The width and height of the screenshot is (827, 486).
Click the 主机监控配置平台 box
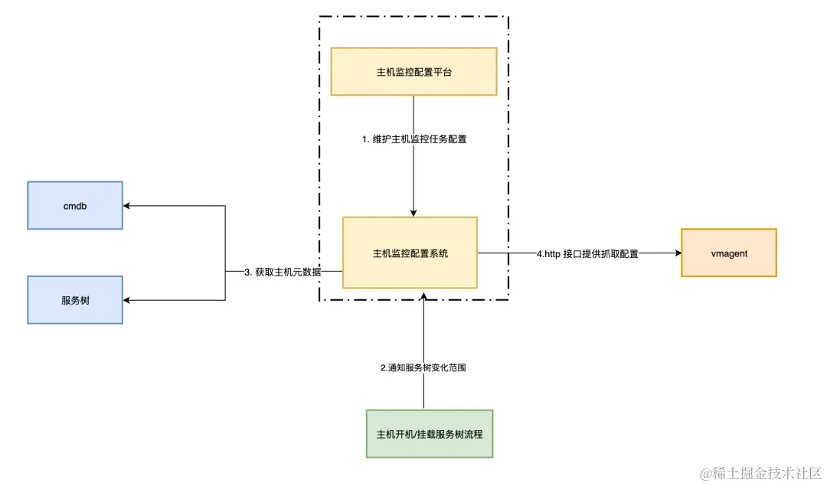point(413,71)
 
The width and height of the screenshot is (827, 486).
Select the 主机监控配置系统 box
point(410,253)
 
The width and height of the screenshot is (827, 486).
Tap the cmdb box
point(75,205)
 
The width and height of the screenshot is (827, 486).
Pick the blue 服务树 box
point(75,300)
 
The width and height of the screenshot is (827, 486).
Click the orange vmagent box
point(728,253)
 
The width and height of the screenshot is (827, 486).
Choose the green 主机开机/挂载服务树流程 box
point(429,433)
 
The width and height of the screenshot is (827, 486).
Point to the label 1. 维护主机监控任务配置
point(413,139)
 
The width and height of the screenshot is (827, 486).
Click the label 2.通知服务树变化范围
point(423,367)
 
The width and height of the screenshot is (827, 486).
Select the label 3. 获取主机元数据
point(283,272)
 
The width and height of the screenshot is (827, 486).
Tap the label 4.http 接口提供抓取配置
point(587,253)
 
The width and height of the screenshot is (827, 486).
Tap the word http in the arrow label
point(553,253)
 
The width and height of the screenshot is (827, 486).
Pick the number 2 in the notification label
point(384,367)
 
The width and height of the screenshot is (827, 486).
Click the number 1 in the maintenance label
point(365,139)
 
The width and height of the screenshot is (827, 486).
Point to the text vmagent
point(728,253)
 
